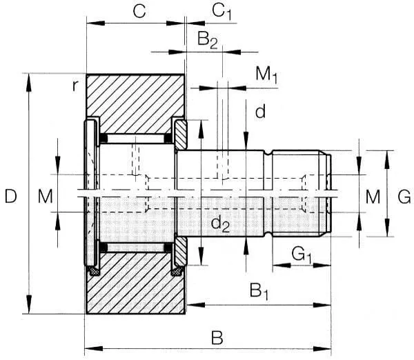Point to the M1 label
click(266, 74)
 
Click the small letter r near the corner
click(75, 86)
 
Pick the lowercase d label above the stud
click(259, 112)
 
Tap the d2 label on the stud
click(220, 222)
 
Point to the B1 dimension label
click(258, 290)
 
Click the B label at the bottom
click(217, 338)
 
